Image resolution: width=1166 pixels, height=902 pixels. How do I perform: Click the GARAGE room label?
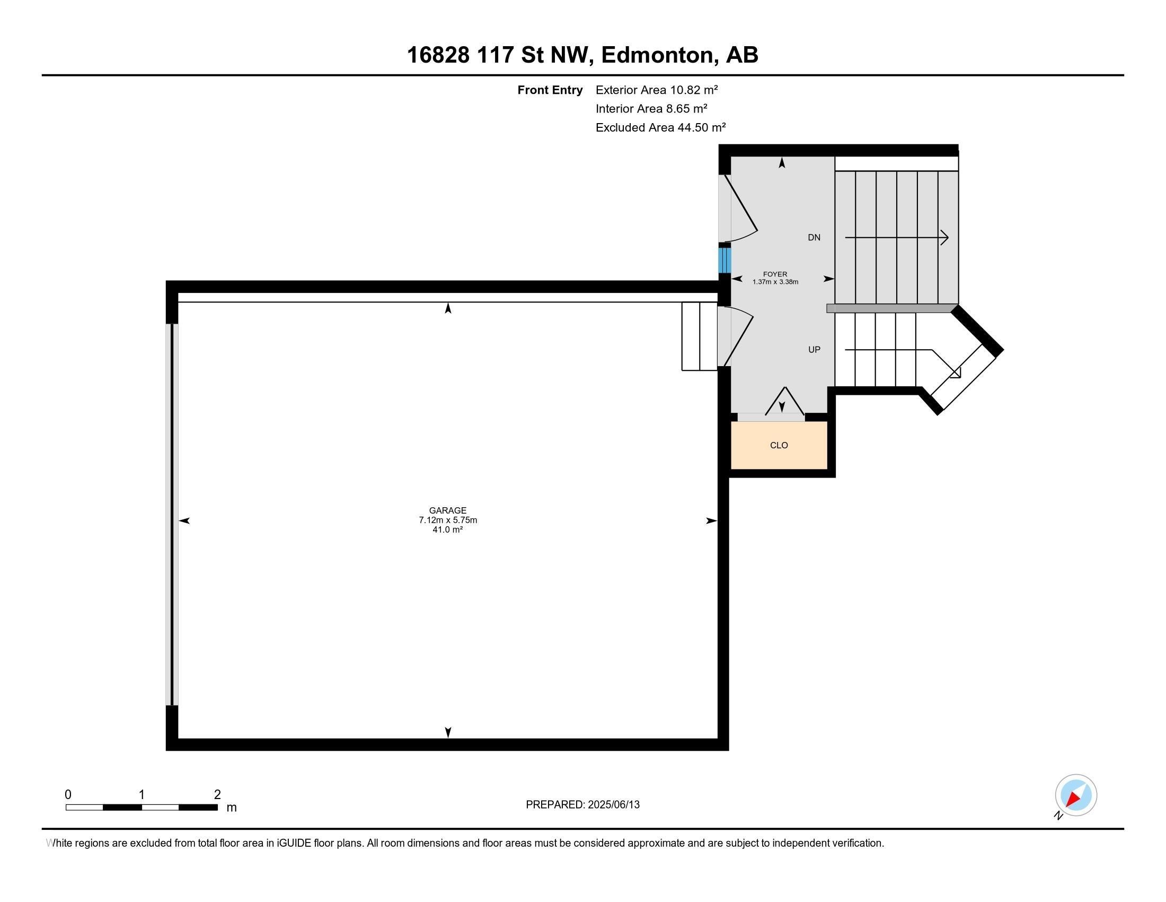pyautogui.click(x=447, y=510)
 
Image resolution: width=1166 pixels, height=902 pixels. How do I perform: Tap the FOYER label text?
pyautogui.click(x=775, y=274)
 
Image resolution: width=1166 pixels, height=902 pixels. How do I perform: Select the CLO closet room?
pyautogui.click(x=779, y=445)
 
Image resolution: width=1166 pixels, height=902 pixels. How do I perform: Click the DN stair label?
pyautogui.click(x=814, y=238)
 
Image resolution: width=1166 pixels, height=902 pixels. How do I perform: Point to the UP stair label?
pyautogui.click(x=814, y=350)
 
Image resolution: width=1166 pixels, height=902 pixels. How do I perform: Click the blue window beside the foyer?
pyautogui.click(x=724, y=260)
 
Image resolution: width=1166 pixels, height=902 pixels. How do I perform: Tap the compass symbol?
pyautogui.click(x=1075, y=795)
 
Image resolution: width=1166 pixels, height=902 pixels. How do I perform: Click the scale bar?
pyautogui.click(x=142, y=808)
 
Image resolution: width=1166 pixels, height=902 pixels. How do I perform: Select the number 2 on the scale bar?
pyautogui.click(x=217, y=795)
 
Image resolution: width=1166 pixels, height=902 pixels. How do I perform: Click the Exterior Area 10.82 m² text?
pyautogui.click(x=656, y=90)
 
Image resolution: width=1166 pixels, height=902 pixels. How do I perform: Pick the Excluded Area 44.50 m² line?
pyautogui.click(x=660, y=128)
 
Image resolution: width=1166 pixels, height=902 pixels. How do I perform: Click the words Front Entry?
pyautogui.click(x=550, y=90)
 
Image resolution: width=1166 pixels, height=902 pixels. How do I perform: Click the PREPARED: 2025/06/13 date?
pyautogui.click(x=582, y=805)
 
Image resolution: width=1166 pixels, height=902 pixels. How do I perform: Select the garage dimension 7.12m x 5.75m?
pyautogui.click(x=447, y=520)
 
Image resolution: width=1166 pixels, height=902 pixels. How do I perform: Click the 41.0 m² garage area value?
pyautogui.click(x=447, y=530)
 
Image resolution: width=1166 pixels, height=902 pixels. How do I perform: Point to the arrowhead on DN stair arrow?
pyautogui.click(x=945, y=237)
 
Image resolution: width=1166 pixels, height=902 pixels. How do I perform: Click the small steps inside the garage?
pyautogui.click(x=699, y=336)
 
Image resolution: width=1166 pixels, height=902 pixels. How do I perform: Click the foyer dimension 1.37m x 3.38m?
pyautogui.click(x=775, y=282)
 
